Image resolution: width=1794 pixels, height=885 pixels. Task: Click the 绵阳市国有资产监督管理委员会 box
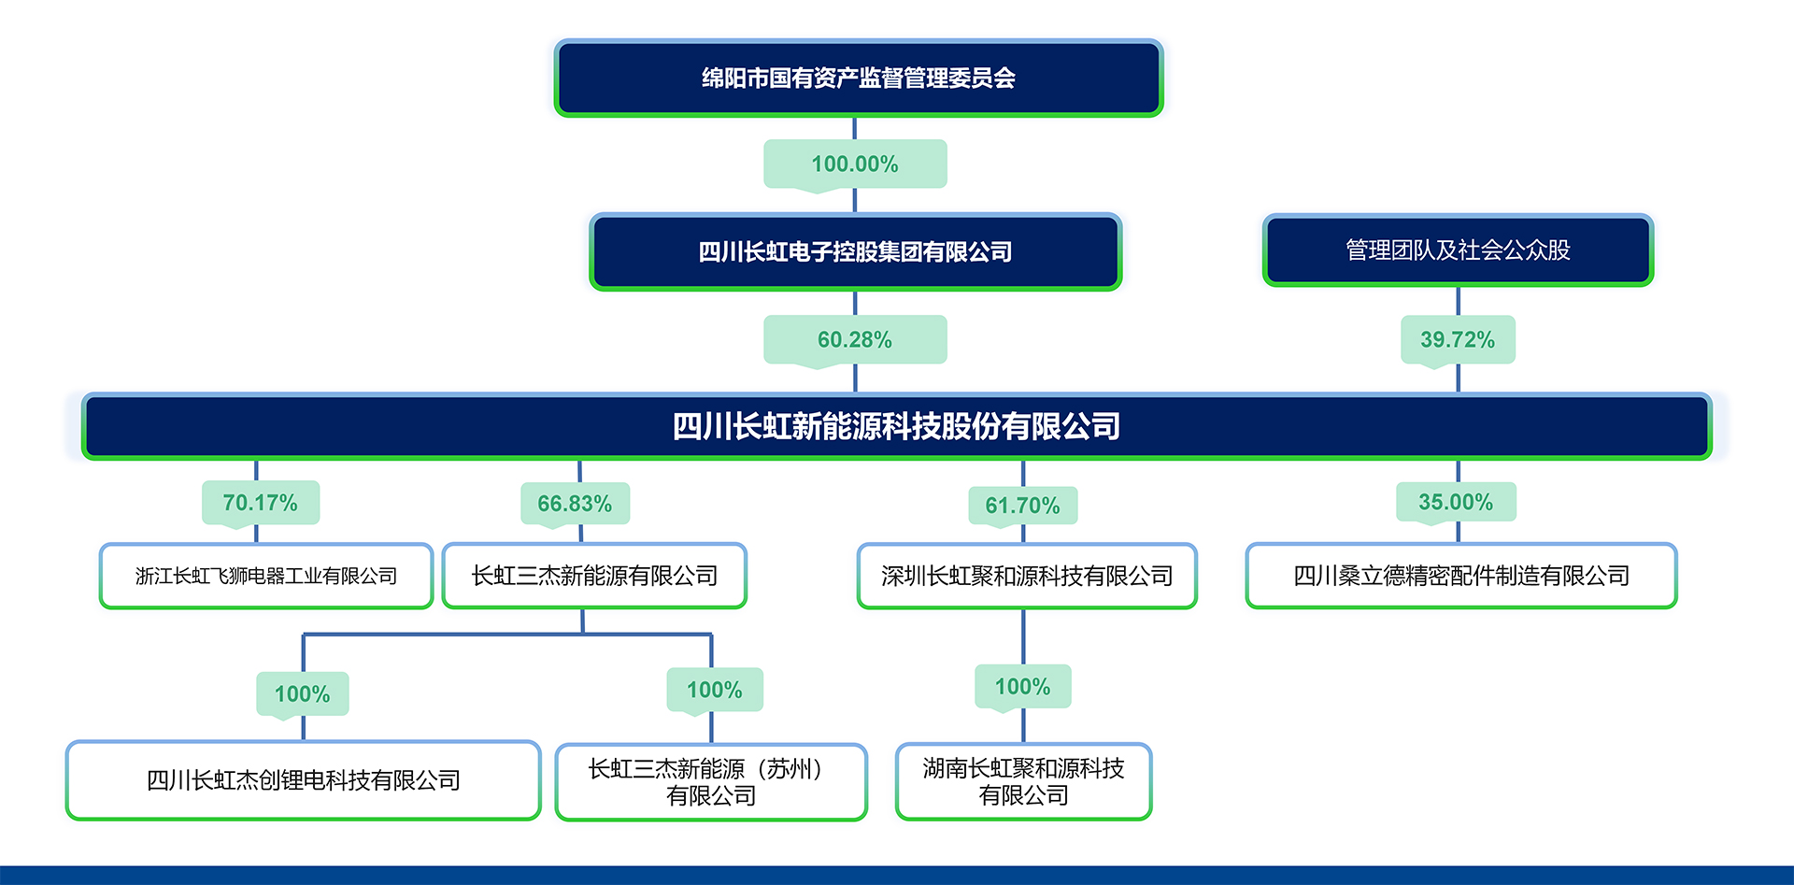858,78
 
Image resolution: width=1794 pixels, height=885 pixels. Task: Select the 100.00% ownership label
855,164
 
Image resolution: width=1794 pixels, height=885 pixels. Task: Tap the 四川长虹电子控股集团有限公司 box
855,251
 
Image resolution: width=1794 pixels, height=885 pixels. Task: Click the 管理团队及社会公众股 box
1458,250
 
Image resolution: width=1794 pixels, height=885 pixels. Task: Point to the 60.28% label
855,340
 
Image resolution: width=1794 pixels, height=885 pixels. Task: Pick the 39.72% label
1458,340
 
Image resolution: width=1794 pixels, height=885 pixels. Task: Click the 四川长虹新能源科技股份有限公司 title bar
896,426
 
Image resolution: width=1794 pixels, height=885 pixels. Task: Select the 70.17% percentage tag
261,503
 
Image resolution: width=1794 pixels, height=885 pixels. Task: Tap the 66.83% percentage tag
575,505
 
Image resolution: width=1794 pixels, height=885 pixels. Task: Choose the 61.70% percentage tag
1022,506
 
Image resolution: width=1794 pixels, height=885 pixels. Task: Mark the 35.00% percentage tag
1456,502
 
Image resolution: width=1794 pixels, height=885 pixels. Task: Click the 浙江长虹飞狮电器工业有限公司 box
266,576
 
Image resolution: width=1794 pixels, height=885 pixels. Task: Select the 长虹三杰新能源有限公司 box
594,576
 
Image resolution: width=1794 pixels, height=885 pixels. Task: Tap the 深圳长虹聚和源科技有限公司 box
1027,576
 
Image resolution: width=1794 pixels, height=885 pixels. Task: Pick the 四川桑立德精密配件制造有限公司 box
1461,576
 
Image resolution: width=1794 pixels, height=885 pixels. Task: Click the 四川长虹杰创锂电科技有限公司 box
304,780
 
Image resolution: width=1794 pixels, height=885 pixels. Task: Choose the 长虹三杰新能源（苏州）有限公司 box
711,782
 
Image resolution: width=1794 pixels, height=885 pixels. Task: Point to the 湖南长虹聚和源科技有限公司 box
1023,781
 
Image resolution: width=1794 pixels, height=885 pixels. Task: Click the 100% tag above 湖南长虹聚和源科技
1022,687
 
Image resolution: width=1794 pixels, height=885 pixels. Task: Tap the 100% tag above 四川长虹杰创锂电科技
303,694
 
